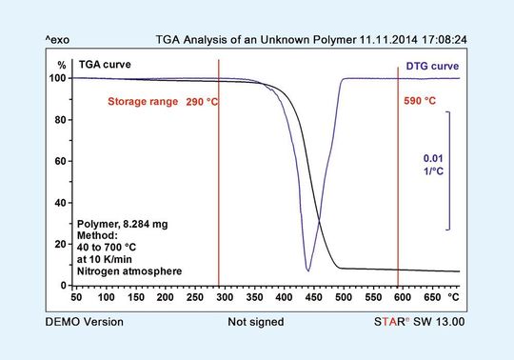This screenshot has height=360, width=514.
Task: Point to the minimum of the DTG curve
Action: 308,271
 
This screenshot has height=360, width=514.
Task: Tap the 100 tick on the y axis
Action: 58,78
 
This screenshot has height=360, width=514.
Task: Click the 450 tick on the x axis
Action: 309,298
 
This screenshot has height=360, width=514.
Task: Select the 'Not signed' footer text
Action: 256,322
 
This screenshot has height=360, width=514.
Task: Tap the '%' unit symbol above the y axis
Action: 61,65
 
